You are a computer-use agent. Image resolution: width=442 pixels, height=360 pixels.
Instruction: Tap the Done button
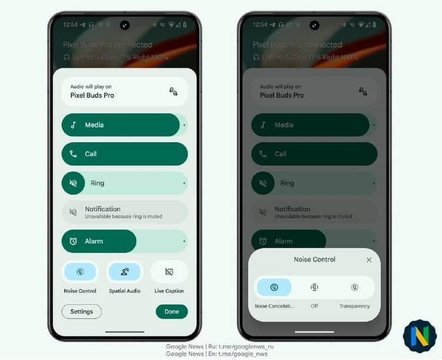[x=172, y=311]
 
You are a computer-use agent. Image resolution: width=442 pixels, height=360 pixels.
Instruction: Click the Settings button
[x=81, y=311]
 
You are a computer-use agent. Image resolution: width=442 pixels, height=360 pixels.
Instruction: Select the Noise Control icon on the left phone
[x=80, y=272]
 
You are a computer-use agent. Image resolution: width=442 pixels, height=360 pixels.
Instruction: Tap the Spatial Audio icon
[x=125, y=272]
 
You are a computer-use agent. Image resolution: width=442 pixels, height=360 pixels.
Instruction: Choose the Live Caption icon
[x=169, y=272]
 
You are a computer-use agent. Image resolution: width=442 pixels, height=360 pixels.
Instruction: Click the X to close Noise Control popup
[x=369, y=260]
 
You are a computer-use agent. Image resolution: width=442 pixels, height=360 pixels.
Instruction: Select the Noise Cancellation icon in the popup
[x=274, y=287]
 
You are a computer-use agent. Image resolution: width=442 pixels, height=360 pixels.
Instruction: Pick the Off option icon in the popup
[x=314, y=287]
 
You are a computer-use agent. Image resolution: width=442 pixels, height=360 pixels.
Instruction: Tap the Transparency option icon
[x=354, y=287]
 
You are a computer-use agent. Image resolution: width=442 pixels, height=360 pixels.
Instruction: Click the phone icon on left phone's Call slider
[x=73, y=154]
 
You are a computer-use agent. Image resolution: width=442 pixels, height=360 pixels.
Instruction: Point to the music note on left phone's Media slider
[x=73, y=125]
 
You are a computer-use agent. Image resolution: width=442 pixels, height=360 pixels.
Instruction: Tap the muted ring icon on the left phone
[x=73, y=183]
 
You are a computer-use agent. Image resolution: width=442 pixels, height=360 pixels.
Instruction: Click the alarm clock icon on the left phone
[x=73, y=241]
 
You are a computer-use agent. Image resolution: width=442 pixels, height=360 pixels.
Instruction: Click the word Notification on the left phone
[x=102, y=209]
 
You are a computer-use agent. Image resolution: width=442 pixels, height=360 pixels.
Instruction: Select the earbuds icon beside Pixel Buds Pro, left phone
[x=173, y=92]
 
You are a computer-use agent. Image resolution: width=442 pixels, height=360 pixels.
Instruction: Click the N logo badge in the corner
[x=420, y=337]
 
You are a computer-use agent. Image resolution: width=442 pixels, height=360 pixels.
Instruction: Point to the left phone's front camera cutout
[x=125, y=25]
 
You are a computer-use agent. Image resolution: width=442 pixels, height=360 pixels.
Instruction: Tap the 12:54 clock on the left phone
[x=71, y=25]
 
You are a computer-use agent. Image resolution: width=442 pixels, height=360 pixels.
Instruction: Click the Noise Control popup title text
[x=314, y=260]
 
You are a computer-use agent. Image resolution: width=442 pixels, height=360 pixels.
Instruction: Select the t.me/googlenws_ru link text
[x=247, y=347]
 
